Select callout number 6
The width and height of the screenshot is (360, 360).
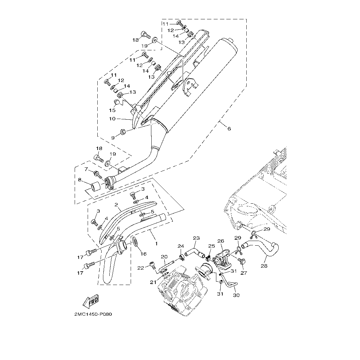coord(229,129)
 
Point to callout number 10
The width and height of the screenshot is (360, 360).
coord(112,118)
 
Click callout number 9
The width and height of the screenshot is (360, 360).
coord(113,138)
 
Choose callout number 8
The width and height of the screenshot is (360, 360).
coord(80,180)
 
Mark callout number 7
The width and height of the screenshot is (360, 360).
coord(86,169)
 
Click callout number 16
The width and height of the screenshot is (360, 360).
coord(143,254)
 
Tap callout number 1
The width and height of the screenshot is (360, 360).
coord(156,244)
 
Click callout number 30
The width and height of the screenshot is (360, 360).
coord(236,295)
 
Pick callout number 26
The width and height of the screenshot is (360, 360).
coord(221,241)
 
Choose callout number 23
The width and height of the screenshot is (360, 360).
coord(196,238)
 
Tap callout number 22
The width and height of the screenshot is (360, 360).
coord(140,268)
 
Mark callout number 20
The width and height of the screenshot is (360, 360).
coord(164,257)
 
